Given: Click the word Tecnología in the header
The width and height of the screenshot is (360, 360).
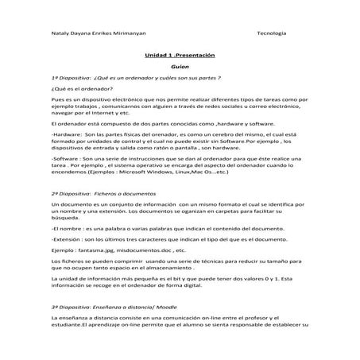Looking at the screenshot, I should (x=272, y=33).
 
